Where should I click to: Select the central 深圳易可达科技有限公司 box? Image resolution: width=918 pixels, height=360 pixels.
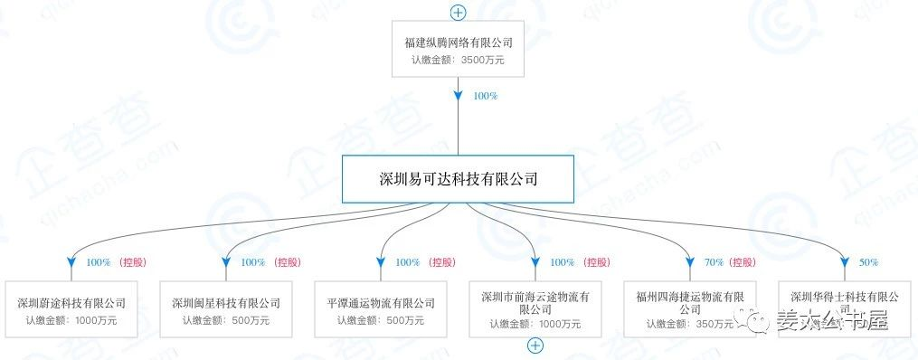(459, 179)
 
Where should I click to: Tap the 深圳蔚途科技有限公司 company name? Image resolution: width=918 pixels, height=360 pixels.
(71, 302)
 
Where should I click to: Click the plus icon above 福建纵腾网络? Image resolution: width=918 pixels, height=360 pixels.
(459, 13)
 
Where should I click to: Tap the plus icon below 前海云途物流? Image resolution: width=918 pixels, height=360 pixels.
(535, 346)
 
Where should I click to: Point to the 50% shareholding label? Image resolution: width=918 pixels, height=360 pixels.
(868, 262)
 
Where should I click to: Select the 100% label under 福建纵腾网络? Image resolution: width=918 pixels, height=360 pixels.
(485, 96)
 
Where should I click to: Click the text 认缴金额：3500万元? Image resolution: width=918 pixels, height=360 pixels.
(459, 61)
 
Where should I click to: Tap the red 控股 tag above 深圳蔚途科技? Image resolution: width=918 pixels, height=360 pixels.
(132, 262)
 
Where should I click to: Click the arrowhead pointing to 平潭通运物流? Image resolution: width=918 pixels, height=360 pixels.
(381, 263)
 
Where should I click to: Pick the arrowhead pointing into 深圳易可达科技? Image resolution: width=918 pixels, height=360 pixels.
(459, 93)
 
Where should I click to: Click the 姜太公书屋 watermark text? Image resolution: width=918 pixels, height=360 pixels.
(832, 320)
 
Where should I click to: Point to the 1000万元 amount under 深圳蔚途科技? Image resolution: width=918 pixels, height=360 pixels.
(96, 319)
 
